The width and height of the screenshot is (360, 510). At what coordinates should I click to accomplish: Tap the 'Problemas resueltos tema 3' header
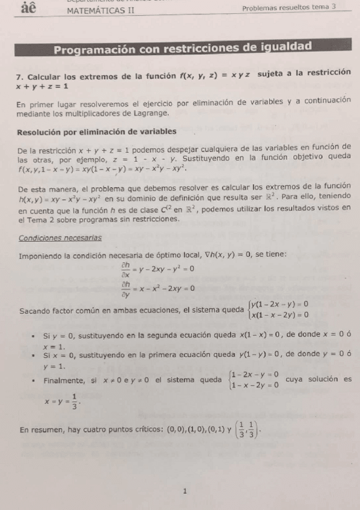pos(288,8)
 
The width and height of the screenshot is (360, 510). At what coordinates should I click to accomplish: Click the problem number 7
pos(20,77)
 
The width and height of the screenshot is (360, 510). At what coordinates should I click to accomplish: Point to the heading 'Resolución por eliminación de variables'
pos(97,132)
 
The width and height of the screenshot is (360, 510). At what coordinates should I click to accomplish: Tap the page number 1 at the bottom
pos(185,491)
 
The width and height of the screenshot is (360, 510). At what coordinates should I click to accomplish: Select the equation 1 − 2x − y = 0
pos(255,374)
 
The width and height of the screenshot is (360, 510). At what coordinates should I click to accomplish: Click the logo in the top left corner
pos(28,9)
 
